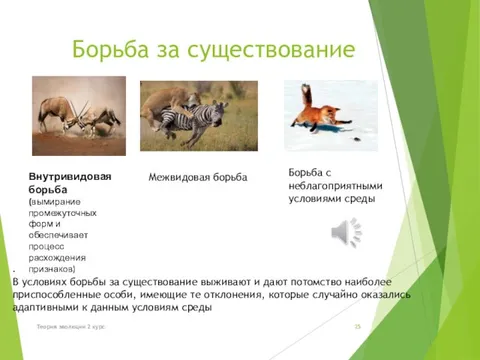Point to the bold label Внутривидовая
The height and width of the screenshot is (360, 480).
coord(69,177)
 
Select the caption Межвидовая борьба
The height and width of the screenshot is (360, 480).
coord(197,177)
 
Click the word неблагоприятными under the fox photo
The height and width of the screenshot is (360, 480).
coord(335,185)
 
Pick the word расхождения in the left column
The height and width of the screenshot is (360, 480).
coord(62,256)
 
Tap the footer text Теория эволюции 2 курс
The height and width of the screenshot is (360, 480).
coord(73,327)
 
